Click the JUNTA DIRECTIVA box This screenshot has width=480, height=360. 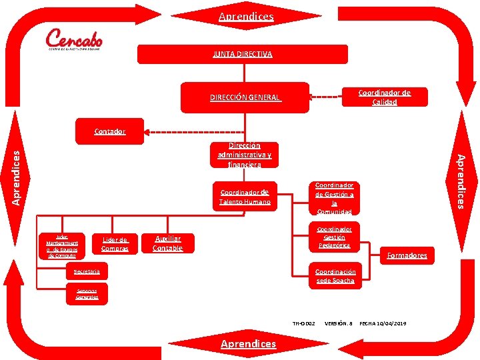click(242, 54)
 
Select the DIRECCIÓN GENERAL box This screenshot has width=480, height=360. click(245, 97)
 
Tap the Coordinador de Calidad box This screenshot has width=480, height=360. click(384, 97)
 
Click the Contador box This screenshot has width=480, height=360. click(109, 131)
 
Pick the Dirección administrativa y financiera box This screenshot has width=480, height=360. click(244, 155)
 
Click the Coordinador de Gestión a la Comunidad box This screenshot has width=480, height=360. click(334, 199)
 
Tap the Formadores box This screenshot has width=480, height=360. click(407, 255)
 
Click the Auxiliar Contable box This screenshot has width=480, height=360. click(167, 243)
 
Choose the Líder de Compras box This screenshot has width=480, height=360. click(115, 244)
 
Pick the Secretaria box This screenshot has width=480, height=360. click(87, 272)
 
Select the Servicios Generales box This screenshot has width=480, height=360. click(87, 294)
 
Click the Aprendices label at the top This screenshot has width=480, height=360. click(246, 16)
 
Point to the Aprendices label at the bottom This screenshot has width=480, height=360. click(247, 343)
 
